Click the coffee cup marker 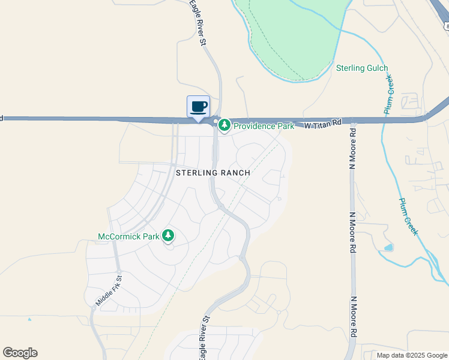click(x=199, y=107)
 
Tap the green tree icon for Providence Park click(x=224, y=126)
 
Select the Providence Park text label click(x=264, y=126)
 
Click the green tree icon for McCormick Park click(x=168, y=236)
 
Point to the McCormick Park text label click(x=128, y=236)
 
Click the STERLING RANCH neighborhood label click(x=212, y=172)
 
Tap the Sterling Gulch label click(x=362, y=68)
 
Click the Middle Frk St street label click(x=109, y=291)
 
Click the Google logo click(x=20, y=353)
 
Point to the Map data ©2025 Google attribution click(x=412, y=355)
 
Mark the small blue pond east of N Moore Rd click(x=389, y=247)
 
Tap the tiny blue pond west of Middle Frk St click(x=29, y=319)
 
